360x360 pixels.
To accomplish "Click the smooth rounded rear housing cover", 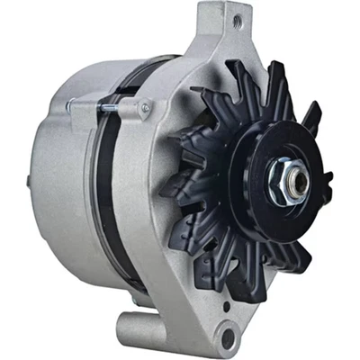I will pyautogui.click(x=54, y=180).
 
